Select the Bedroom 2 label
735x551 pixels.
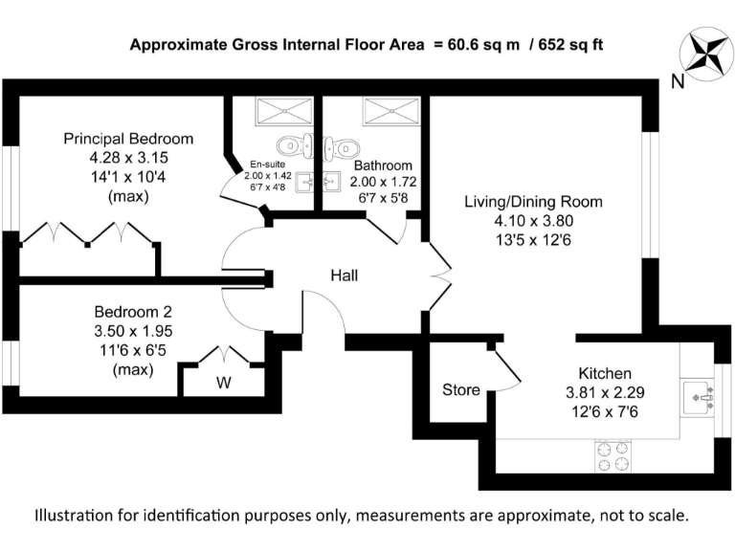[x=133, y=312]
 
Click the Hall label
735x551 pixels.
[x=345, y=275]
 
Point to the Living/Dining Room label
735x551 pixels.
[x=533, y=202]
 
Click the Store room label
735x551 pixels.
[x=460, y=390]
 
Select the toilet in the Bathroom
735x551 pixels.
[x=342, y=147]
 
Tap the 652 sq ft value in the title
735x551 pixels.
[x=569, y=44]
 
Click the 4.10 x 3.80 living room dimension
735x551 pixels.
[x=533, y=220]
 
